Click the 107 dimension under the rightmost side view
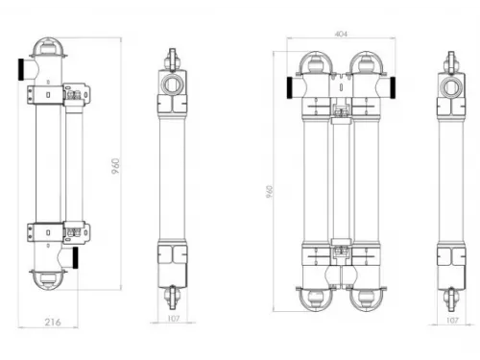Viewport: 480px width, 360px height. pos(451,322)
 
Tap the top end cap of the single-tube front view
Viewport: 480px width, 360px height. pos(48,49)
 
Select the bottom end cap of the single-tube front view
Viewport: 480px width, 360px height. pos(48,281)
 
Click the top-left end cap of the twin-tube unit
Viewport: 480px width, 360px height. pos(318,61)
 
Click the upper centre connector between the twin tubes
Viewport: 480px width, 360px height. pos(341,110)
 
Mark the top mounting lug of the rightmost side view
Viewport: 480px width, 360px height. pos(451,63)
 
